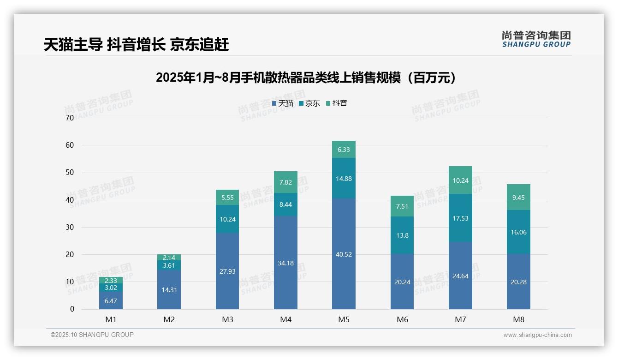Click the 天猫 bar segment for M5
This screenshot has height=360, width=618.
[x=344, y=254]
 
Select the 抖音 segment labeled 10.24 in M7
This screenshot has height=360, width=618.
[x=460, y=180]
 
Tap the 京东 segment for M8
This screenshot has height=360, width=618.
[x=518, y=232]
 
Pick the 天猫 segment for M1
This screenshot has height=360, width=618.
[x=111, y=300]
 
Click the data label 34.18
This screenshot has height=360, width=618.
[x=285, y=263]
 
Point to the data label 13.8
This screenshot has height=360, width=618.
[x=402, y=235]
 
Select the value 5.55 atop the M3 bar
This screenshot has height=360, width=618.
[x=227, y=197]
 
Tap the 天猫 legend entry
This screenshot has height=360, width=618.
[x=282, y=103]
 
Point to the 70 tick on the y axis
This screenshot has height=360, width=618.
[x=70, y=118]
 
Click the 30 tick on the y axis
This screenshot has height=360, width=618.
[x=70, y=227]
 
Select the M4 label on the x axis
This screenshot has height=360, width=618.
[x=285, y=319]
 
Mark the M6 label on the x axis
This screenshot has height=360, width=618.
[x=402, y=319]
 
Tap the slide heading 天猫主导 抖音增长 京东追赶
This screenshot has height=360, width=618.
[x=136, y=44]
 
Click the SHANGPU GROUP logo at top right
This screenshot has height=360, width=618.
[x=536, y=39]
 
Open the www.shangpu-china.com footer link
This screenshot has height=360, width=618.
[x=537, y=335]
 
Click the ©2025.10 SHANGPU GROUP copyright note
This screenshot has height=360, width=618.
[x=92, y=335]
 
